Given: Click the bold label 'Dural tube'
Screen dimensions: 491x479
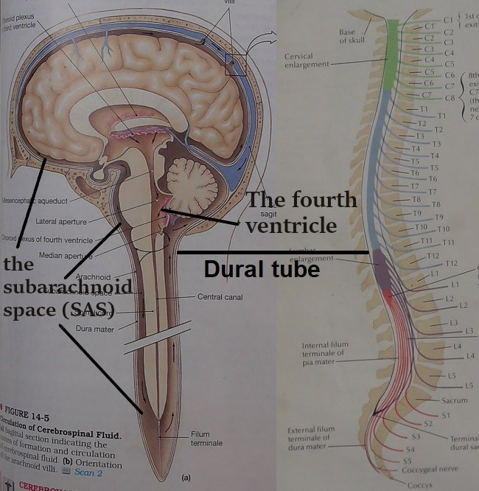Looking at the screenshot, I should [x=262, y=269].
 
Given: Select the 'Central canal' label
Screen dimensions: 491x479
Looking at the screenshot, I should [x=220, y=297].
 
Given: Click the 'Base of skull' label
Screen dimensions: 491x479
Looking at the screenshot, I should [x=346, y=36].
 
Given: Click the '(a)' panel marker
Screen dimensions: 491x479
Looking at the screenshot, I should [x=186, y=478].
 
